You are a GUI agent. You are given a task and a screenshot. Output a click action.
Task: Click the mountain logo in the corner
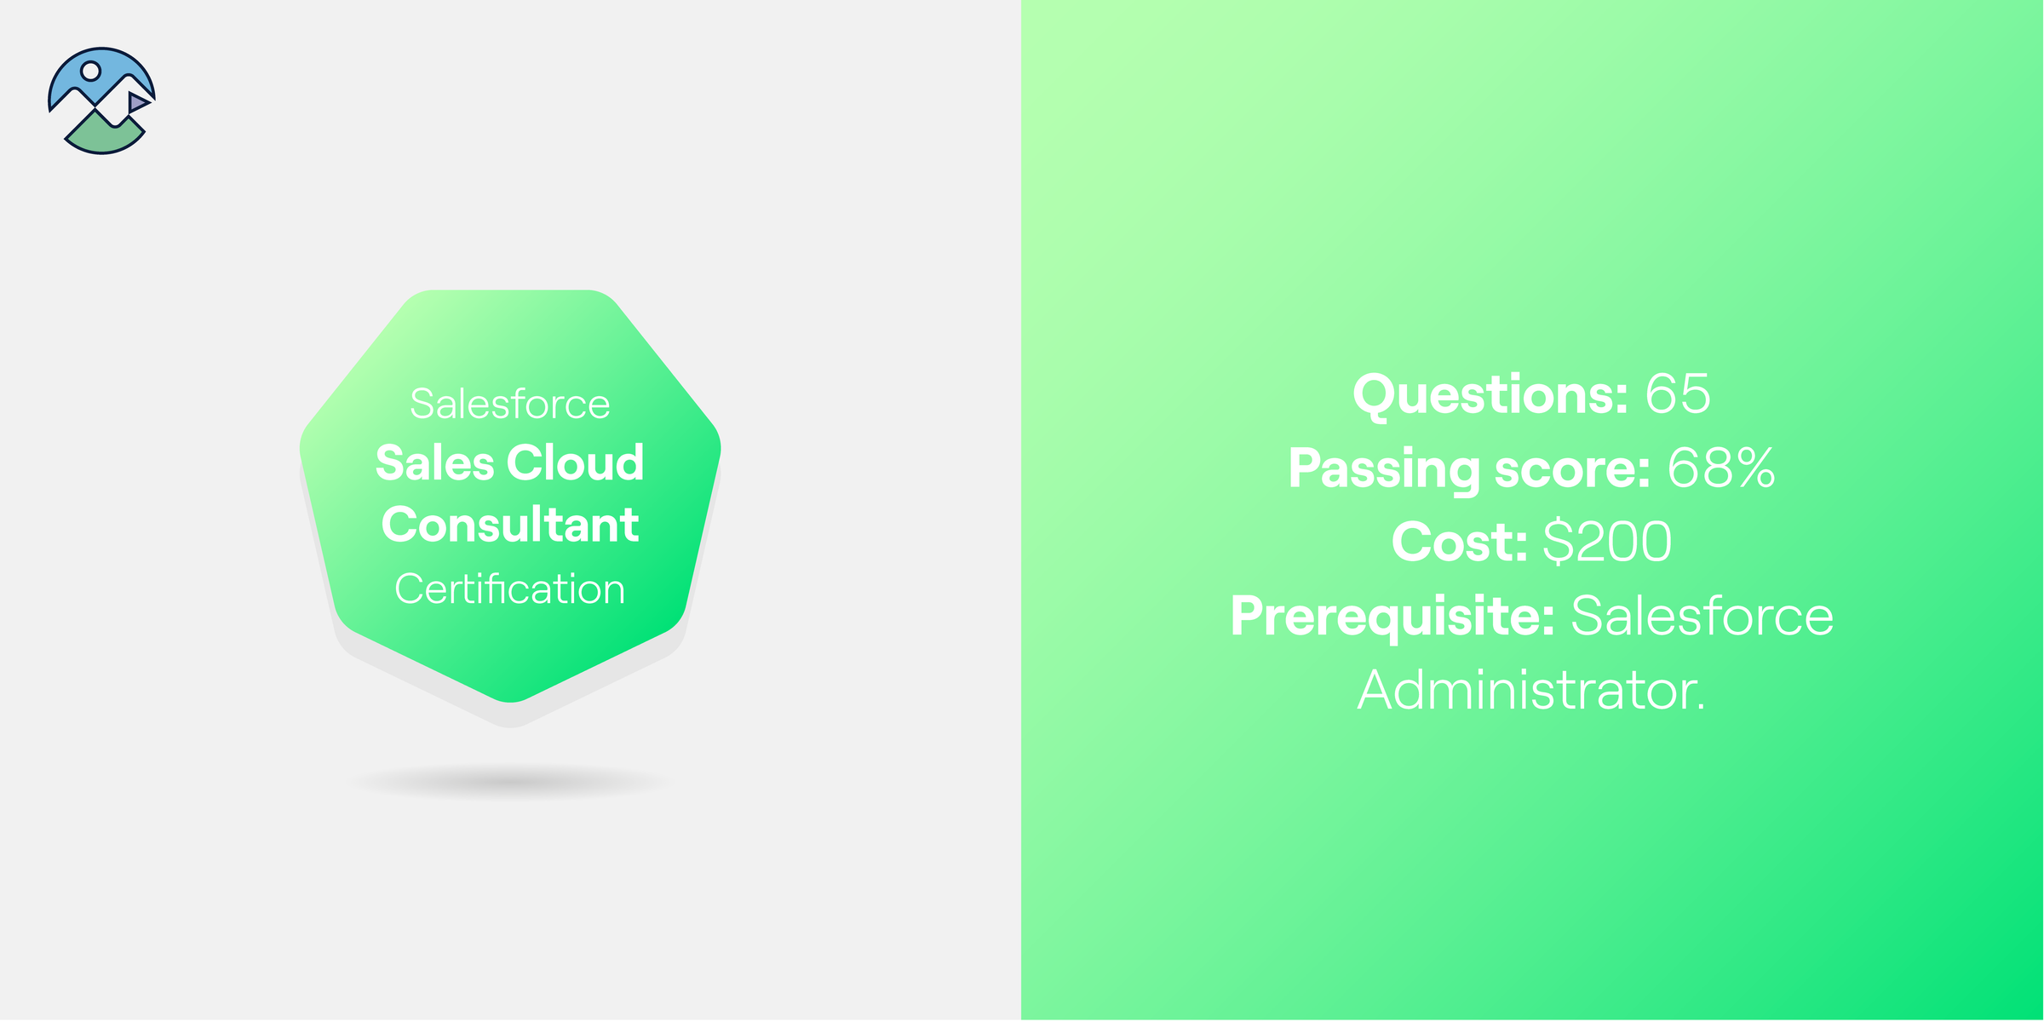click(101, 100)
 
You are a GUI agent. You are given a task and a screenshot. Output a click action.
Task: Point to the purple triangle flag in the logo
click(137, 103)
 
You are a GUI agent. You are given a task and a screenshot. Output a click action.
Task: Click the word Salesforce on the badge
click(509, 405)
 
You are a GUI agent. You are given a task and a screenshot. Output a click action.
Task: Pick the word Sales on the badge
click(434, 463)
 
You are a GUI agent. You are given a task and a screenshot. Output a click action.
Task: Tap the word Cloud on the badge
click(576, 463)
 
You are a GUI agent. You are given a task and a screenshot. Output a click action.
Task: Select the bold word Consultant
click(509, 525)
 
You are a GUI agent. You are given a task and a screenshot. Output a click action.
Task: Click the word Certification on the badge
click(509, 589)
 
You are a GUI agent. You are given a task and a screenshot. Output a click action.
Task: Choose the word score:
click(1572, 468)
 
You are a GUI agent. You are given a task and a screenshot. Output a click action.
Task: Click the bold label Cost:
click(1460, 543)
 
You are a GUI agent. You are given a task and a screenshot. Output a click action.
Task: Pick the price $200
click(1607, 543)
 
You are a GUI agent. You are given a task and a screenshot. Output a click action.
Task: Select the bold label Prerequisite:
click(1392, 617)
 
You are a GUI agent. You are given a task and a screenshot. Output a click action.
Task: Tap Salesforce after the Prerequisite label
click(1702, 617)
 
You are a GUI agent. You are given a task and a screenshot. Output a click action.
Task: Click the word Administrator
click(1531, 690)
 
